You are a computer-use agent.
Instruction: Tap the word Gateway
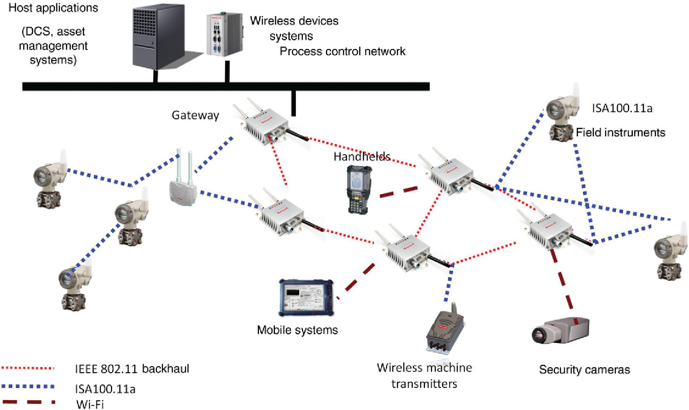pos(195,115)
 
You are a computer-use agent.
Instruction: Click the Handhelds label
pos(362,157)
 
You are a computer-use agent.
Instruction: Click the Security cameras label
pos(584,369)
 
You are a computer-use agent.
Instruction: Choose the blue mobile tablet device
pos(306,297)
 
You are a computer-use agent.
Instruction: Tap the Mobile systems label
pos(297,330)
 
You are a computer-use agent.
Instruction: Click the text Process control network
pos(342,52)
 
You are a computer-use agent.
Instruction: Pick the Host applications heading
pos(53,8)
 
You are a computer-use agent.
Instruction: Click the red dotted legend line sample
pos(28,368)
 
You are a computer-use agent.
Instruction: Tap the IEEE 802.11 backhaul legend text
pos(132,369)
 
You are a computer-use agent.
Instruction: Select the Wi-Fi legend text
pos(90,404)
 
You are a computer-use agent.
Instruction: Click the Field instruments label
pos(620,133)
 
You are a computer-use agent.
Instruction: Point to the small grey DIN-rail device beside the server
pos(224,34)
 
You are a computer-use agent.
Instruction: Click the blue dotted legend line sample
pos(28,386)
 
